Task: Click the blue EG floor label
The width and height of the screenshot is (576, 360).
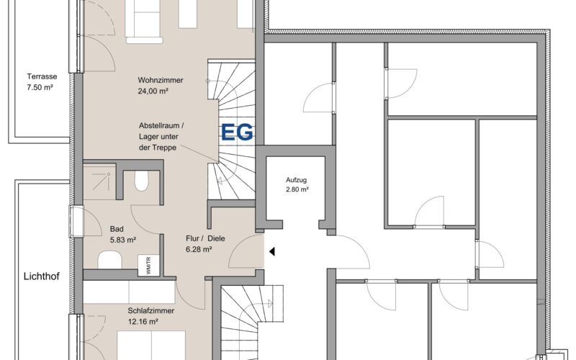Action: tap(237, 132)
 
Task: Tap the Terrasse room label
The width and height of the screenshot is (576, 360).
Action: tap(42, 76)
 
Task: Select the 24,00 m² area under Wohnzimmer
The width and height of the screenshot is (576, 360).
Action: tap(153, 91)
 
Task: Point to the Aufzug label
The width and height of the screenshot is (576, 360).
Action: tap(296, 180)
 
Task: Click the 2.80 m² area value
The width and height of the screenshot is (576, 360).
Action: tap(297, 189)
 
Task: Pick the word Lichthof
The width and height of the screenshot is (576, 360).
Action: tap(42, 276)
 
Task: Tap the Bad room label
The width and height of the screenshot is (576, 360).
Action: tap(117, 229)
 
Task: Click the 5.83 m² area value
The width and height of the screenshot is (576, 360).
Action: tap(123, 240)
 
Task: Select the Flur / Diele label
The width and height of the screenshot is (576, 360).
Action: tap(205, 238)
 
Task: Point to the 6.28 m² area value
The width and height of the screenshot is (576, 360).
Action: tap(199, 249)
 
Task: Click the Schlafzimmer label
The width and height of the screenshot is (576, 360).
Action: tap(151, 311)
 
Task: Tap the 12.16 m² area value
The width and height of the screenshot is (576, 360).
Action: tap(143, 322)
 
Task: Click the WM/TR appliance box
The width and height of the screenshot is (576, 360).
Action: tap(148, 265)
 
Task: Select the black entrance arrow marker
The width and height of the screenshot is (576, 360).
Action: tap(272, 251)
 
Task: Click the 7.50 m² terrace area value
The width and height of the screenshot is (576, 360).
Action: tap(40, 87)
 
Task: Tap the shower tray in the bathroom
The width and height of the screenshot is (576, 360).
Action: tap(99, 181)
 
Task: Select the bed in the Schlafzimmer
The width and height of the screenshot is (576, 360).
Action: tap(151, 346)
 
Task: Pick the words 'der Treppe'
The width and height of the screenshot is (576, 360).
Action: tap(158, 148)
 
